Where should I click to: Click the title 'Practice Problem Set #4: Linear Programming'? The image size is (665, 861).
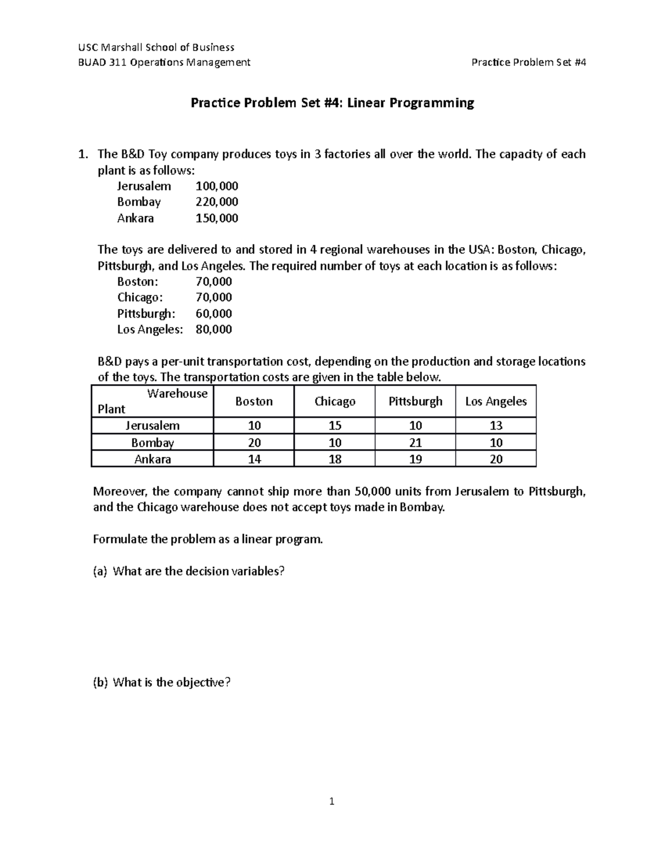[x=332, y=103]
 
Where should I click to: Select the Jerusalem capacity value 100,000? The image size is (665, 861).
[x=217, y=186]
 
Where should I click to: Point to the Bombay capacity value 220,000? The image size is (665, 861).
[x=217, y=202]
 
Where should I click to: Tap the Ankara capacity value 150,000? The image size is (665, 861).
[x=217, y=218]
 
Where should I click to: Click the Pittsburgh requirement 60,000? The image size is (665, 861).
[x=213, y=313]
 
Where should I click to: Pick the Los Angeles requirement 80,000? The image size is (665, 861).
[x=213, y=329]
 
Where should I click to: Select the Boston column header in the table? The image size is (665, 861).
[x=254, y=401]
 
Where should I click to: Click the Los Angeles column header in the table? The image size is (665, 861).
[x=496, y=401]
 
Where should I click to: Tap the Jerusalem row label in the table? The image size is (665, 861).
[x=152, y=426]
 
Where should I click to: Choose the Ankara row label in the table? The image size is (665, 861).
[x=152, y=459]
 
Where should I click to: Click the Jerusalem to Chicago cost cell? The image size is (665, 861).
[x=335, y=426]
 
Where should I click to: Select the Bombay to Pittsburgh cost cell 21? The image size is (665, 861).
[x=415, y=442]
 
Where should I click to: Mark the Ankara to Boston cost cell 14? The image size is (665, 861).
[x=254, y=459]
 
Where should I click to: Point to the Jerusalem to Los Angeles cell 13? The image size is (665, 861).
[x=496, y=426]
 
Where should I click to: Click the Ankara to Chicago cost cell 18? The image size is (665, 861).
[x=335, y=459]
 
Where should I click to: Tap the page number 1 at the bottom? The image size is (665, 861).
[x=331, y=801]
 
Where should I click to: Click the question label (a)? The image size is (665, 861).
[x=101, y=572]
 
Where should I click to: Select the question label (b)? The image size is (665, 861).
[x=101, y=682]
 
